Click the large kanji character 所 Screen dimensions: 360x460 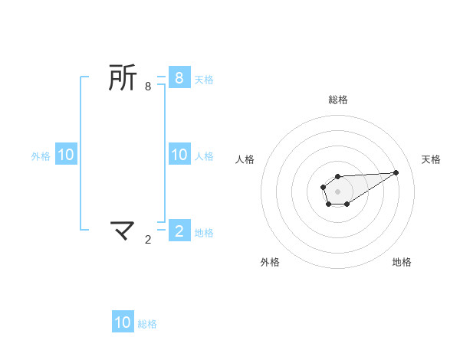[x=123, y=77]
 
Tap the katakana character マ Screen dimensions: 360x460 [x=123, y=229]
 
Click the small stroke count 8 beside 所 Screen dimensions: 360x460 [x=148, y=87]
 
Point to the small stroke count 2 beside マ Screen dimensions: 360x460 [x=148, y=240]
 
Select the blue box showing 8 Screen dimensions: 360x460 [x=179, y=77]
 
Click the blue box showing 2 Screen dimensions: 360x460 [x=179, y=231]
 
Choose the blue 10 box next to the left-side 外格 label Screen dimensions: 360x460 [x=66, y=155]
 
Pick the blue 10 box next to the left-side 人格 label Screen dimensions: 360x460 [x=179, y=155]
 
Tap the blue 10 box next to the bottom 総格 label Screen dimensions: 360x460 [x=123, y=322]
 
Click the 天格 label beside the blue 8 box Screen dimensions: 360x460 [x=204, y=79]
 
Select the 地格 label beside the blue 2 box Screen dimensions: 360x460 [x=204, y=232]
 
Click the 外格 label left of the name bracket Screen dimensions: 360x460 [x=41, y=155]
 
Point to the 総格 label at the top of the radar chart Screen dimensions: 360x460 [x=337, y=100]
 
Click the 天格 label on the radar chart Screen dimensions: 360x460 [x=431, y=159]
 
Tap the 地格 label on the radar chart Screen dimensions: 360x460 [x=402, y=262]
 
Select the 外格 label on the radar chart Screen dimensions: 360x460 [x=270, y=262]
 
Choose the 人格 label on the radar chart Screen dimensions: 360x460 [x=245, y=159]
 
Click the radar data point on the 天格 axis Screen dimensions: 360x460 [x=396, y=172]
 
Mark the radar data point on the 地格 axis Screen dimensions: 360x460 [x=347, y=204]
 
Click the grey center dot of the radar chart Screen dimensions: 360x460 [x=337, y=191]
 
